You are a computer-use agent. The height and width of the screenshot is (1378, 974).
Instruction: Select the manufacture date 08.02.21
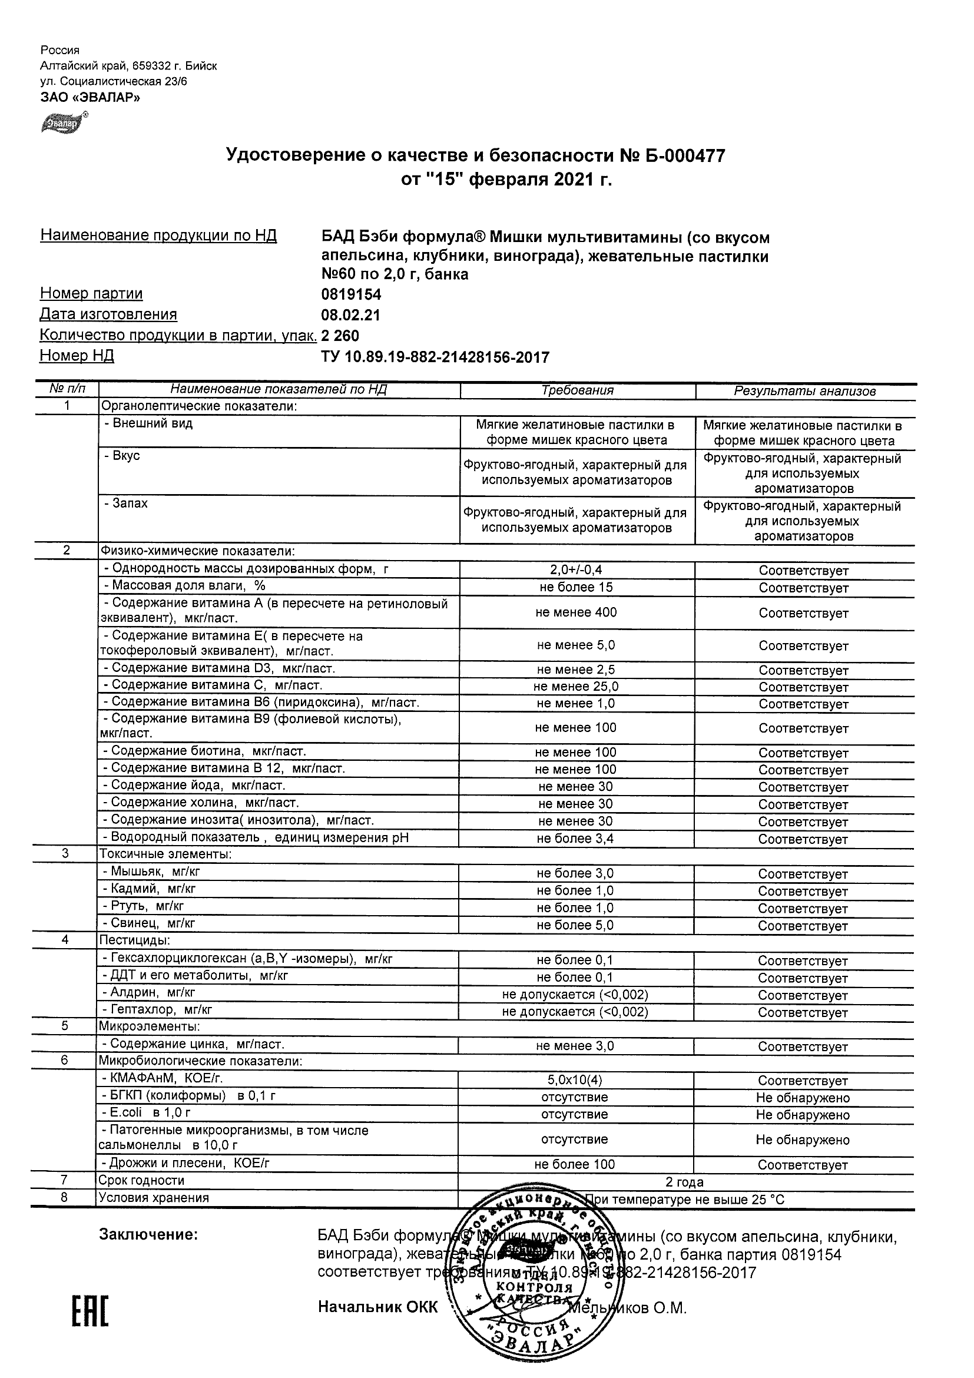pos(350,316)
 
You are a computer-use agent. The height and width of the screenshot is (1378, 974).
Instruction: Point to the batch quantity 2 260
pos(340,336)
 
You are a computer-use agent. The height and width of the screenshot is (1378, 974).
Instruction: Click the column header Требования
pos(577,390)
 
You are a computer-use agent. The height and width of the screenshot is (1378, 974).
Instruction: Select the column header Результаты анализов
pos(805,391)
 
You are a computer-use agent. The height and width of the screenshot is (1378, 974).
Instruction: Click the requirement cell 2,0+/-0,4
pos(576,570)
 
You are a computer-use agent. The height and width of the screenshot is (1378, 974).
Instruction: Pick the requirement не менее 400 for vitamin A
pos(576,613)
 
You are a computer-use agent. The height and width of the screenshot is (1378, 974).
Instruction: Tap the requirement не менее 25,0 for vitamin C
pos(576,687)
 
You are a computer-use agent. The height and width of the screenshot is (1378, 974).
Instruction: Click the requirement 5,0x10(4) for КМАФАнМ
pos(575,1080)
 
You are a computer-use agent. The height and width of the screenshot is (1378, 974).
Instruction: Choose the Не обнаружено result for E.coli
pos(803,1115)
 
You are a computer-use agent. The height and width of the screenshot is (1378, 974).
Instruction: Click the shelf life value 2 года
pos(685,1183)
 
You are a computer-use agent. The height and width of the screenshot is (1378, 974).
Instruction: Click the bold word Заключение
pos(148,1234)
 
